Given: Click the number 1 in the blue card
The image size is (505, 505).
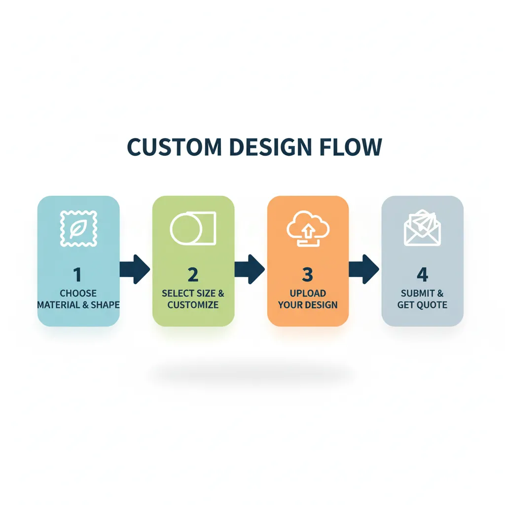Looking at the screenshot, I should point(78,274).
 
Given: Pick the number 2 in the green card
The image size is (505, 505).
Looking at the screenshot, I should point(193,274).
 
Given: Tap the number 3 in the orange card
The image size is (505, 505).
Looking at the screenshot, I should point(308,274).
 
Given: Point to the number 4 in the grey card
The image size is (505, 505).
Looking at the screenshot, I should point(422,274).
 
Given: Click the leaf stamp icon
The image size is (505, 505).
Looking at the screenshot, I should point(78,228).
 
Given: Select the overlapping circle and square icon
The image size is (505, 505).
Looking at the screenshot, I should point(193,228).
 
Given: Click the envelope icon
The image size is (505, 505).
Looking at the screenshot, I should point(423,228).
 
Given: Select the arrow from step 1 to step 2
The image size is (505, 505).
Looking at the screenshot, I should point(135,269).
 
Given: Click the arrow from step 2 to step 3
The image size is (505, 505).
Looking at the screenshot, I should point(250,269).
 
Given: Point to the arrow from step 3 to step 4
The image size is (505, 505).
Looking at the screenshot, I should point(364,269).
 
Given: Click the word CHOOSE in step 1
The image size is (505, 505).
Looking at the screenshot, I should point(78,293).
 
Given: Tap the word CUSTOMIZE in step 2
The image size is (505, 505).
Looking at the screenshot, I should point(193,305).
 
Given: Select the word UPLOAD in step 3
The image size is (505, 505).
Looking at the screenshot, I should point(308,293).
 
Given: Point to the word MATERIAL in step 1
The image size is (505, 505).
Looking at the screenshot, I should point(56,305).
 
